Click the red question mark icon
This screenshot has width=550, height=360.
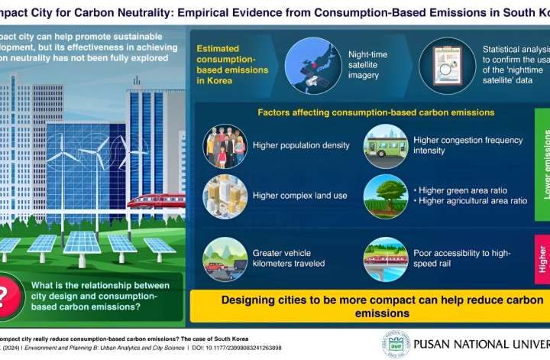pyautogui.click(x=8, y=294)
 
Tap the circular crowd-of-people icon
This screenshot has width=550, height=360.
pyautogui.click(x=225, y=145)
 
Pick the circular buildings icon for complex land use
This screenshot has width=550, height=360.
pyautogui.click(x=225, y=196)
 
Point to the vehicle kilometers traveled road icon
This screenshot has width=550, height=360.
pyautogui.click(x=225, y=258)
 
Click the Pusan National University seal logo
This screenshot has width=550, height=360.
pyautogui.click(x=396, y=343)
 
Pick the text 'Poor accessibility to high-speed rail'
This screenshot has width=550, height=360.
pyautogui.click(x=458, y=258)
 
